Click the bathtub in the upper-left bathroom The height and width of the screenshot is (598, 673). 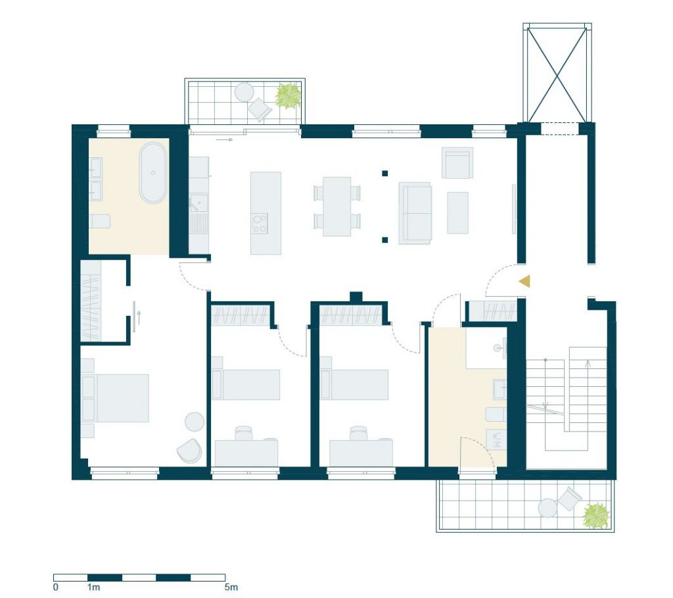[153, 172]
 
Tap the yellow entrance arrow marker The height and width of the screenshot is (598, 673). [524, 282]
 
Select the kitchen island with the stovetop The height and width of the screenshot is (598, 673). [266, 212]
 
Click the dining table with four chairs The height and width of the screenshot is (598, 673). [337, 206]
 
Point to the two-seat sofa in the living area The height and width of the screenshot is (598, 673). [415, 214]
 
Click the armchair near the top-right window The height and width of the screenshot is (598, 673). [457, 162]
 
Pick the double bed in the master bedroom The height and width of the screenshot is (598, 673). [118, 398]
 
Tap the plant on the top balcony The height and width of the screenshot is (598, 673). [288, 96]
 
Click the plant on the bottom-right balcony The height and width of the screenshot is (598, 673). [596, 516]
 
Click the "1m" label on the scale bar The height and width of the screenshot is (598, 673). [93, 586]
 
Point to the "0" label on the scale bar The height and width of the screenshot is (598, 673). [56, 586]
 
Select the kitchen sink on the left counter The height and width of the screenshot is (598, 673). [198, 204]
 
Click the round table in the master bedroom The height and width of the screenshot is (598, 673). [195, 421]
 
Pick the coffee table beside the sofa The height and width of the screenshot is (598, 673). [457, 212]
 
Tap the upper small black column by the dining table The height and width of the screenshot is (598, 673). [384, 174]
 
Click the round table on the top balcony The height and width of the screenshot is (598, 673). [244, 91]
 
